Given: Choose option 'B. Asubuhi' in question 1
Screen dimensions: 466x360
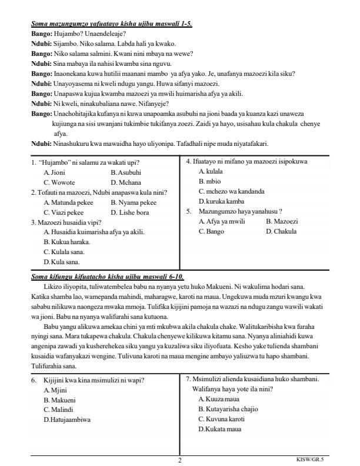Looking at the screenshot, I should click(126, 173).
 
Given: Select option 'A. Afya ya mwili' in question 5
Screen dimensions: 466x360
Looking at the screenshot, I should click(221, 221).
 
